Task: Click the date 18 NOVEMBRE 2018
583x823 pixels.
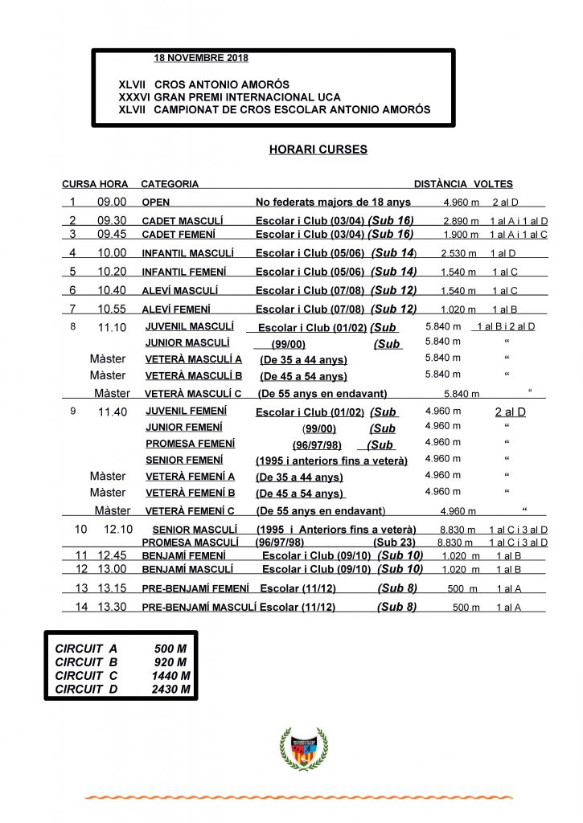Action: point(201,58)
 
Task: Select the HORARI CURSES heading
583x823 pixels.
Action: point(318,149)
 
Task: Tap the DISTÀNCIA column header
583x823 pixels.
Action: point(440,184)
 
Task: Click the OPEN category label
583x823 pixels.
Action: point(156,203)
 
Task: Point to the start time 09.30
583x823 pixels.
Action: point(113,220)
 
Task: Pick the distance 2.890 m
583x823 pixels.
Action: point(461,220)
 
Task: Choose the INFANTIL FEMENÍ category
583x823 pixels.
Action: point(184,272)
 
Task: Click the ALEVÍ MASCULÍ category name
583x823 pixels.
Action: point(179,291)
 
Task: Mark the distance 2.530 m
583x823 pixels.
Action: point(460,253)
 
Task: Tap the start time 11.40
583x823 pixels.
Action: point(112,412)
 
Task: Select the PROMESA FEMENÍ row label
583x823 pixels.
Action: point(190,444)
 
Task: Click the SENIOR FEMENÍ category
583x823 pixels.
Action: point(185,460)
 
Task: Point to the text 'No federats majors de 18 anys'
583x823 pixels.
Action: point(333,203)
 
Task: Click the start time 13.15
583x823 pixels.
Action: point(113,589)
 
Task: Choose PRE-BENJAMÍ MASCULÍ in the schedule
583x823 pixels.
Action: point(199,608)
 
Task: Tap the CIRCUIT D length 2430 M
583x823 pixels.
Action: point(171,689)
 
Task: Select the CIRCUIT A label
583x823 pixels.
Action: point(81,648)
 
